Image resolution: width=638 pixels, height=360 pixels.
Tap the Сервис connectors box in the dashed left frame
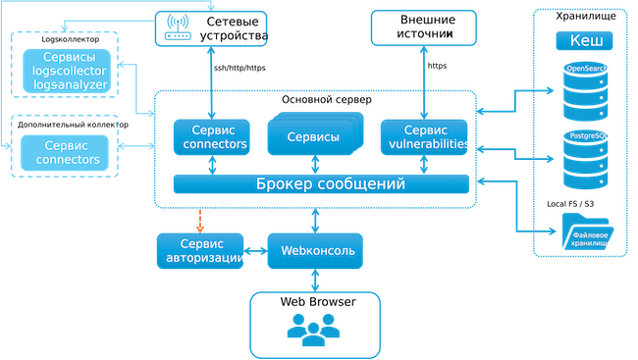click(x=66, y=152)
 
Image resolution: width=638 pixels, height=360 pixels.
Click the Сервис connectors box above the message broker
click(x=210, y=138)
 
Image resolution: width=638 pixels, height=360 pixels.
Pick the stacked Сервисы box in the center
click(x=311, y=137)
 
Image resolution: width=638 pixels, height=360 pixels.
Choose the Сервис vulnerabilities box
click(x=424, y=137)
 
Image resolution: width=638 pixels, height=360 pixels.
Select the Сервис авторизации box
click(x=202, y=251)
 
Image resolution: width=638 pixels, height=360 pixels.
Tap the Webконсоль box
click(x=316, y=251)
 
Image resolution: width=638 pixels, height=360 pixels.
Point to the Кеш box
click(x=585, y=41)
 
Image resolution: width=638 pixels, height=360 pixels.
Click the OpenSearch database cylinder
click(x=584, y=89)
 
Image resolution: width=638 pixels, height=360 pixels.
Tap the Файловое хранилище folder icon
click(x=586, y=231)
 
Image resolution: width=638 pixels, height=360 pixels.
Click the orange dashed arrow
click(x=200, y=219)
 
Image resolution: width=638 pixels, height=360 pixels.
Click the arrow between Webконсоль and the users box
click(x=314, y=282)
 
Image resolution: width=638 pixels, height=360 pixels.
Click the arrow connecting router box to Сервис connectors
click(x=210, y=82)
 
